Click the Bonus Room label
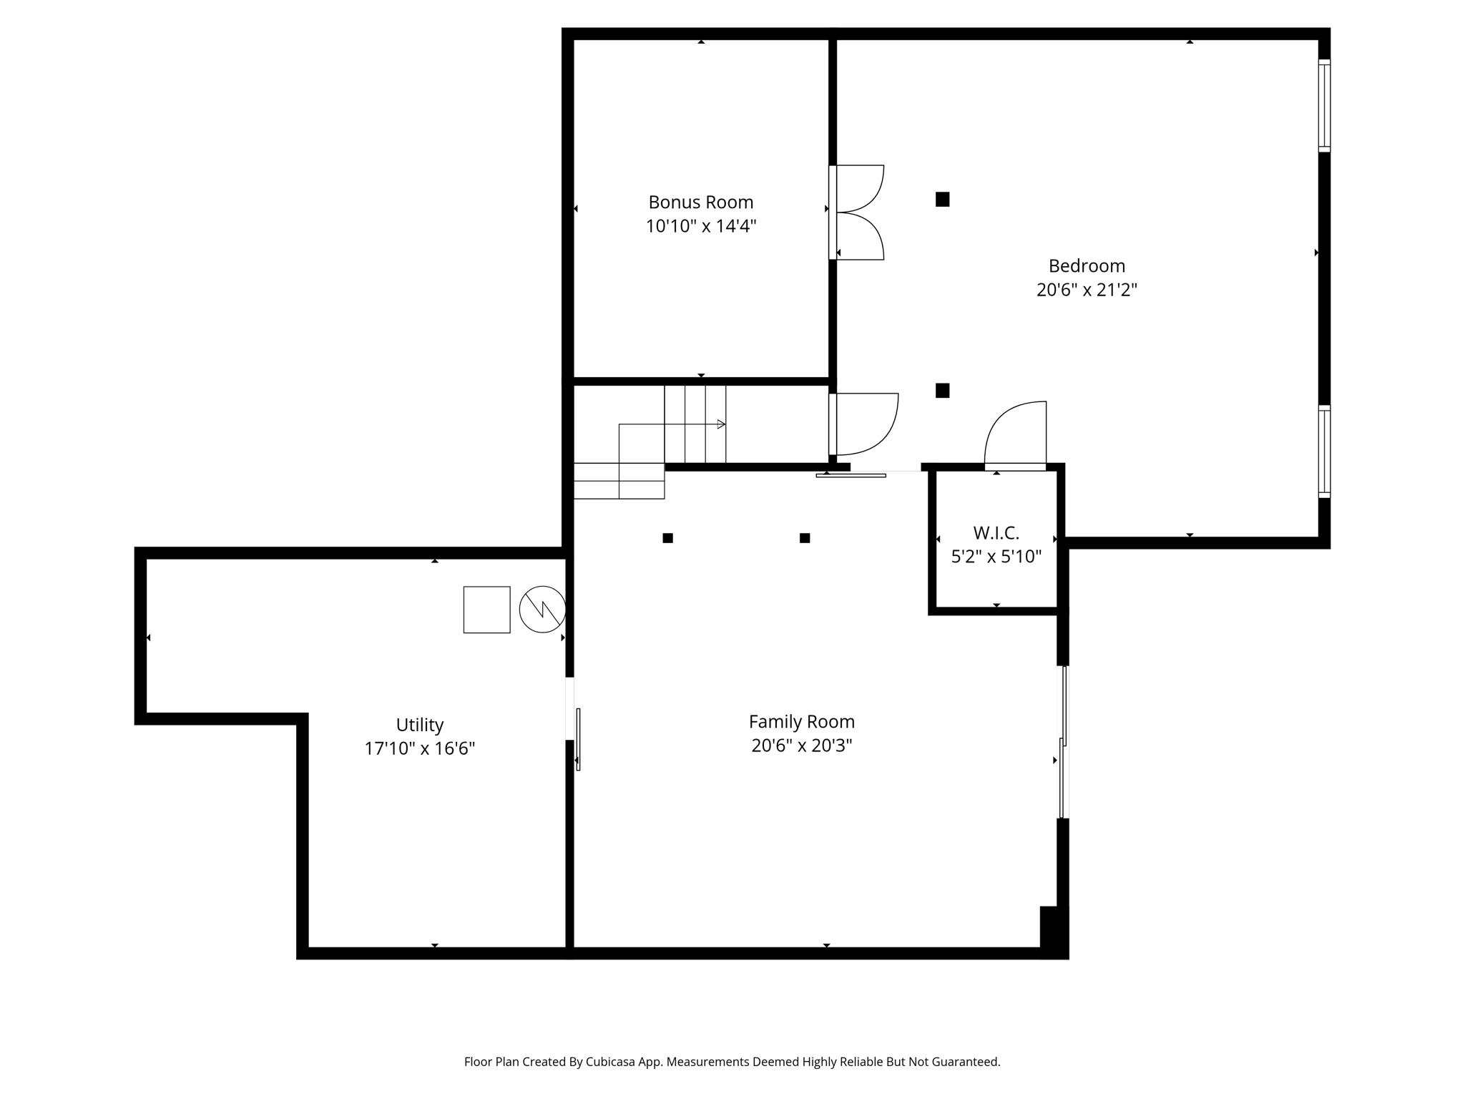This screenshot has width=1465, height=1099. point(700,202)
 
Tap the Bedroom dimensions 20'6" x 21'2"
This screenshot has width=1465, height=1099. point(1086,290)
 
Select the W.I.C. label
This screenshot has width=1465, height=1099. point(996,533)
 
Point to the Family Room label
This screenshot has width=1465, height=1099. point(801,721)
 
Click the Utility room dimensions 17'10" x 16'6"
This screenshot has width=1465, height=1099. point(419,748)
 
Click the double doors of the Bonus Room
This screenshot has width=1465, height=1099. point(858,213)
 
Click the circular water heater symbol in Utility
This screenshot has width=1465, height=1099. point(542,610)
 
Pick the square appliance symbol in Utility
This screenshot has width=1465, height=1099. point(486,610)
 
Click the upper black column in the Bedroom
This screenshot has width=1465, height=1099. point(942,200)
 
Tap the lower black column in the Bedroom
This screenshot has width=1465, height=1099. point(942,391)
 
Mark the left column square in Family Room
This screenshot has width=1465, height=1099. point(667,538)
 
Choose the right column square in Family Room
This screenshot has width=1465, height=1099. point(805,538)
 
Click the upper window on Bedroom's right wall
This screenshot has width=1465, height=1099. point(1324,105)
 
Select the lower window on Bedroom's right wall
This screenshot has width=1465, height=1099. point(1324,451)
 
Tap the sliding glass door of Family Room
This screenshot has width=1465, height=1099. point(1063,742)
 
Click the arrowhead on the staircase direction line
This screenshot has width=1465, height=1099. point(721,424)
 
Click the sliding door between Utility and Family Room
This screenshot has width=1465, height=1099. point(577,739)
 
